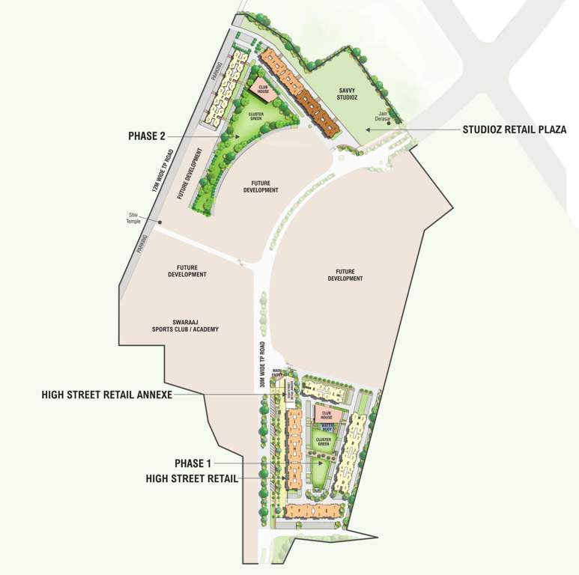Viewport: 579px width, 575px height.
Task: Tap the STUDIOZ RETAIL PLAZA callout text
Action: [514, 130]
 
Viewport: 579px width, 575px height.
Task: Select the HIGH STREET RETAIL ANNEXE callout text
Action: [107, 395]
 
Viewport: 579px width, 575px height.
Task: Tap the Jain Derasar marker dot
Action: [389, 124]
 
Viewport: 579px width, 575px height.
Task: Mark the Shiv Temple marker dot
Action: [159, 222]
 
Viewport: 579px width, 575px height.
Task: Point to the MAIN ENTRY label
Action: [278, 372]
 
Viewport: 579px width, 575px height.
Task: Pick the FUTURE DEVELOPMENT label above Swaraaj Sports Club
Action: [187, 271]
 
